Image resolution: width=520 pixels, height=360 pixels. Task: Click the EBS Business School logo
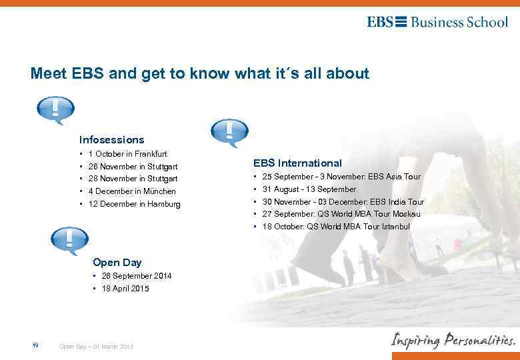[437, 22]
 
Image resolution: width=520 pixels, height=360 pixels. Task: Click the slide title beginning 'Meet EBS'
[199, 74]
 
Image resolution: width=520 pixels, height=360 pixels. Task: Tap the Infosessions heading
[111, 140]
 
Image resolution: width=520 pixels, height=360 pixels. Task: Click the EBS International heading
[297, 163]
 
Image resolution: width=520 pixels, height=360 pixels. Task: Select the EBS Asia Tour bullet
[341, 177]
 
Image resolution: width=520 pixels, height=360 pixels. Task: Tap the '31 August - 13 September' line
[309, 189]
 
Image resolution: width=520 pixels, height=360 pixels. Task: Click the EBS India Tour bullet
[343, 202]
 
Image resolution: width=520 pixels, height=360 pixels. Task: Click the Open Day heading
[117, 263]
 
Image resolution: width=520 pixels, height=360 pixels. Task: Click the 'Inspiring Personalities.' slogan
[453, 340]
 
